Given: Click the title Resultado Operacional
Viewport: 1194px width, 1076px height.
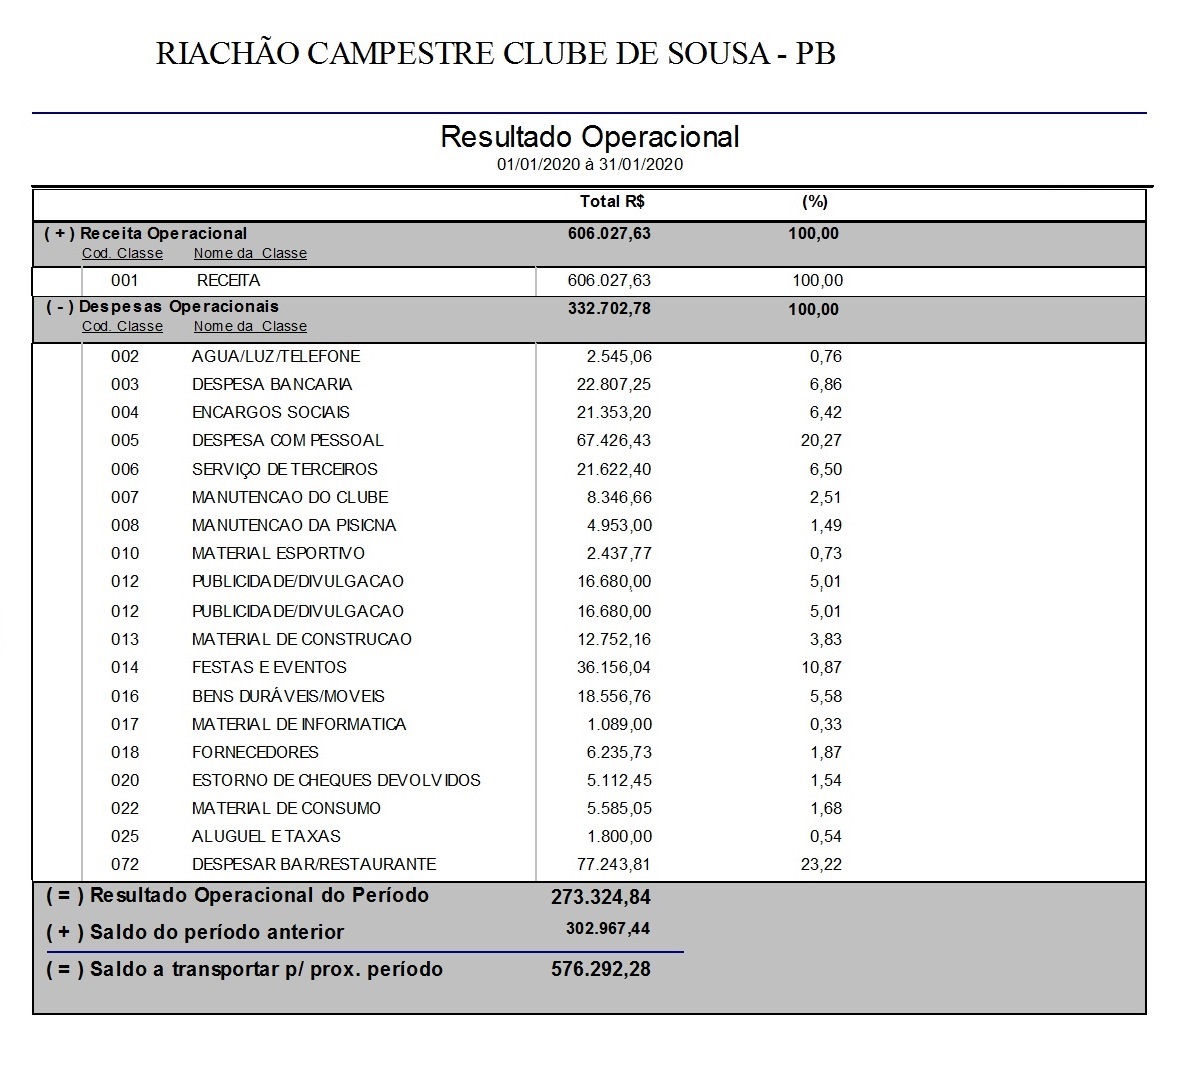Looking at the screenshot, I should click(589, 137).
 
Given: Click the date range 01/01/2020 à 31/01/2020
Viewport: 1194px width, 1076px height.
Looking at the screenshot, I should click(589, 165).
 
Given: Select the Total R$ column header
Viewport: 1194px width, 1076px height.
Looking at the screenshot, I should click(612, 202).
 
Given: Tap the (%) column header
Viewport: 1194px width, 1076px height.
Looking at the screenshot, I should click(815, 202).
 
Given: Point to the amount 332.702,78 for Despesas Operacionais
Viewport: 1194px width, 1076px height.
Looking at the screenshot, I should click(609, 309).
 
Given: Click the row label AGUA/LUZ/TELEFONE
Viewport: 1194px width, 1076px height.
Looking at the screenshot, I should click(276, 357).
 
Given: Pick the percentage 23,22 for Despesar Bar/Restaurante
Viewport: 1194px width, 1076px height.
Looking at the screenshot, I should click(821, 865).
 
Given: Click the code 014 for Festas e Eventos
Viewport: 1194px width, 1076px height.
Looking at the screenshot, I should click(125, 668).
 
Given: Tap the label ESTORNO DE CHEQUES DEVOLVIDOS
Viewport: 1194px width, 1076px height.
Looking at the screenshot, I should click(336, 781).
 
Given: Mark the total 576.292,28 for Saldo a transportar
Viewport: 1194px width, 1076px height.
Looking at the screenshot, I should click(600, 969).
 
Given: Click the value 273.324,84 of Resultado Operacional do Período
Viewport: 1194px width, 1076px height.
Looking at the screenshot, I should click(600, 897).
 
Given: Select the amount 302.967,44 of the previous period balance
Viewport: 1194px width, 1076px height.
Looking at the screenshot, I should click(607, 929).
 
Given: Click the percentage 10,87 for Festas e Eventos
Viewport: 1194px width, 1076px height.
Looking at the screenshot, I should click(821, 668).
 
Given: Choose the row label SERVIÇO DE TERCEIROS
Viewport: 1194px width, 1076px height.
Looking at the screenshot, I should click(285, 470).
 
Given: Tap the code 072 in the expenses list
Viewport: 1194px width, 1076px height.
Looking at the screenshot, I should click(125, 865).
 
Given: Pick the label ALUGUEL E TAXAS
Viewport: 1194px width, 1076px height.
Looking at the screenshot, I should click(266, 837).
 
